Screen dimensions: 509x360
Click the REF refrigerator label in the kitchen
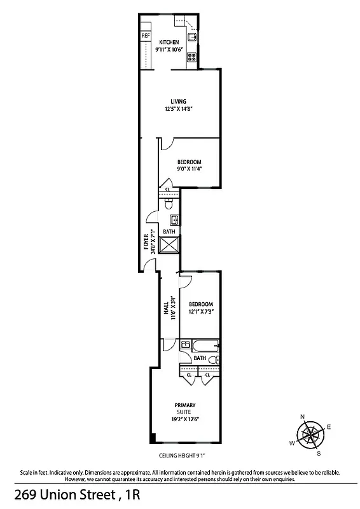click(x=145, y=36)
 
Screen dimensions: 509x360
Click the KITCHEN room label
click(x=169, y=42)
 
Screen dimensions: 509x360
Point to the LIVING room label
click(x=178, y=101)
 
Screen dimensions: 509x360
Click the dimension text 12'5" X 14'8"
click(x=178, y=109)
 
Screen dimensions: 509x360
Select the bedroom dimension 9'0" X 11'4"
click(x=190, y=169)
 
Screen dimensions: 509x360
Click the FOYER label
click(x=146, y=241)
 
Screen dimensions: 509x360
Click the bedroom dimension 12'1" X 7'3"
click(x=200, y=312)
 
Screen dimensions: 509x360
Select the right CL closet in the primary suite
click(x=207, y=375)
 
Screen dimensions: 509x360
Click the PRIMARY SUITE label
click(x=185, y=408)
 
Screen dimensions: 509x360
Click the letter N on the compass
click(x=302, y=416)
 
